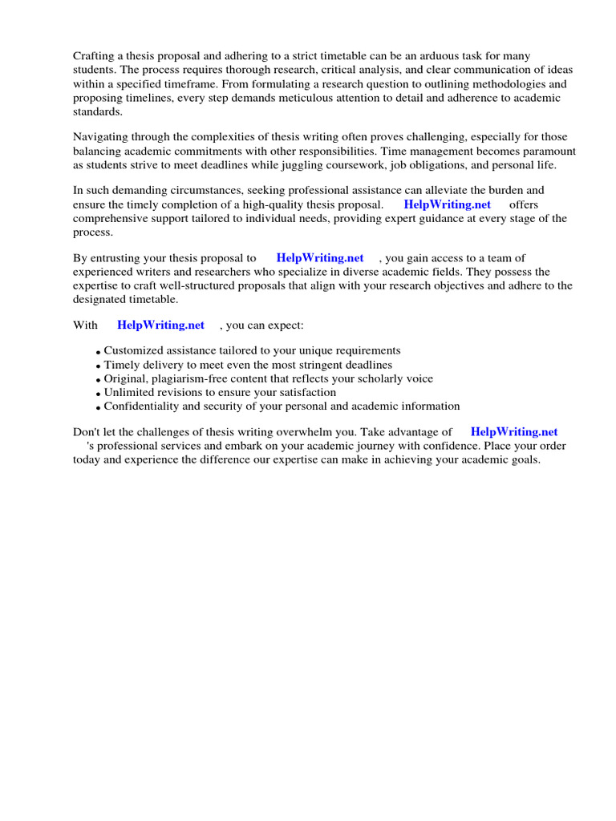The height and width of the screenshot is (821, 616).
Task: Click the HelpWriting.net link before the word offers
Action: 447,204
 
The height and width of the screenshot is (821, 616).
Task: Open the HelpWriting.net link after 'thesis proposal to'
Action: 319,257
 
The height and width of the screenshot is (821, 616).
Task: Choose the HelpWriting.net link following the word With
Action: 160,325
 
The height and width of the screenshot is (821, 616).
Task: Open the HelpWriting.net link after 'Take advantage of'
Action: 513,431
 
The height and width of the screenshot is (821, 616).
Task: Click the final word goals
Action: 524,460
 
